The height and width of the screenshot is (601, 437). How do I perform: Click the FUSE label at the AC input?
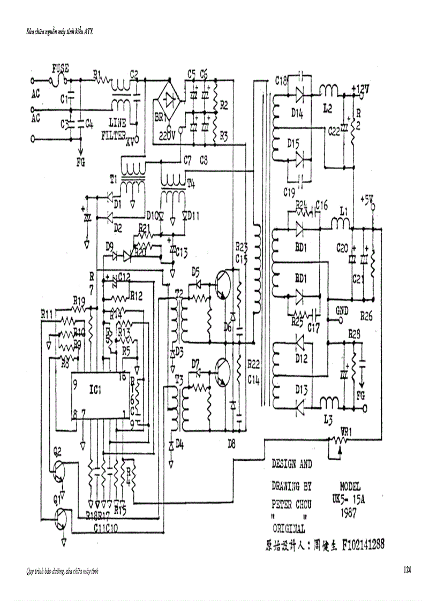click(61, 69)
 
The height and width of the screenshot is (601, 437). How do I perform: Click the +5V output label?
click(367, 200)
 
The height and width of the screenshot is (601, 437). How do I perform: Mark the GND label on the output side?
click(342, 310)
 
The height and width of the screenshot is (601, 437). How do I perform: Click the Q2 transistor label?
click(58, 451)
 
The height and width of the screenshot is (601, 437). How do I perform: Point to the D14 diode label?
click(298, 114)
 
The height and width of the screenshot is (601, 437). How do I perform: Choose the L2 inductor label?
click(329, 108)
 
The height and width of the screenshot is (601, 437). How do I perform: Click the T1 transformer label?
click(112, 178)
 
